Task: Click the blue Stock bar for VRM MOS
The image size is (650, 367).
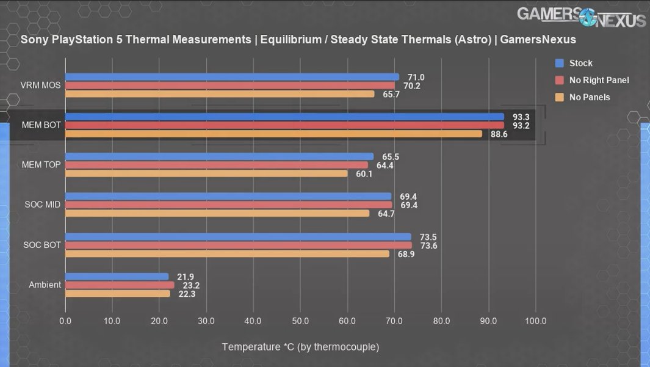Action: point(232,77)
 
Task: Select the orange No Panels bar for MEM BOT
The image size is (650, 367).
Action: point(273,134)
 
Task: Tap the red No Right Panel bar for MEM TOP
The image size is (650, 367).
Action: point(217,165)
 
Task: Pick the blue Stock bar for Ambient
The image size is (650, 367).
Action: point(117,277)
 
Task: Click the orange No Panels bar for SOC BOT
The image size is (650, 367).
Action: point(227,253)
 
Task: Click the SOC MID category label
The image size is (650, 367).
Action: point(41,205)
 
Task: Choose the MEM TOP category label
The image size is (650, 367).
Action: point(41,165)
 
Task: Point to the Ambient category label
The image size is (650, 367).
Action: point(44,285)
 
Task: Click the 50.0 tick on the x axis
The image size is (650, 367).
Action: point(300,321)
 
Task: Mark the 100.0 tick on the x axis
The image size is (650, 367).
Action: point(535,321)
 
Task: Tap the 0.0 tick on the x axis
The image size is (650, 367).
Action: point(65,321)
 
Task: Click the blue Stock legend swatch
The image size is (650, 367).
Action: point(559,63)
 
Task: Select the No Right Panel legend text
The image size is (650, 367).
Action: point(599,80)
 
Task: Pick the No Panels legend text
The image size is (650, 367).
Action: point(590,97)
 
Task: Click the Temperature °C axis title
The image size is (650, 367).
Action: point(300,347)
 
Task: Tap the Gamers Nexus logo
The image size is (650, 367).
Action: point(581,16)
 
